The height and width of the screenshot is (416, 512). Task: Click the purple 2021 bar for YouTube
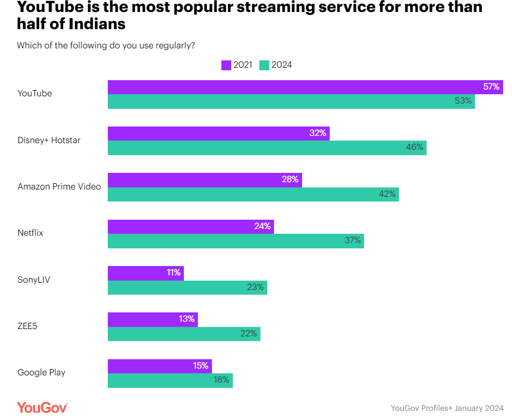click(x=305, y=87)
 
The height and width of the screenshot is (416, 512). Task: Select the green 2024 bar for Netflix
click(x=235, y=241)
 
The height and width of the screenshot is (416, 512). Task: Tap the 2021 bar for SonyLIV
click(x=145, y=273)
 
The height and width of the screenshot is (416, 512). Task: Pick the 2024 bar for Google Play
click(x=170, y=380)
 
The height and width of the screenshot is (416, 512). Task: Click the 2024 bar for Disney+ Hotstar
click(x=267, y=147)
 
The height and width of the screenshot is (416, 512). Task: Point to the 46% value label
click(x=415, y=147)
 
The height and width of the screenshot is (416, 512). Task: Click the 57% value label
click(x=492, y=87)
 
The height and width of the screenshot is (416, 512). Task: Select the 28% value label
click(x=290, y=180)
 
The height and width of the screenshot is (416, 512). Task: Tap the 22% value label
click(x=248, y=334)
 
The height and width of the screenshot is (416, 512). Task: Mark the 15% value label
click(x=201, y=365)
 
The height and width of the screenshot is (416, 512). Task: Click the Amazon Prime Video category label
click(x=59, y=186)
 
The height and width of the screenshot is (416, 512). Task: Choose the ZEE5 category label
click(x=28, y=326)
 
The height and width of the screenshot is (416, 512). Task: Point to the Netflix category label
click(x=30, y=233)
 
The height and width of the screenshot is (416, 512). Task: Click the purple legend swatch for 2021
click(x=226, y=65)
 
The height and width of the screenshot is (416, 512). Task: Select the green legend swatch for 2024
click(x=264, y=65)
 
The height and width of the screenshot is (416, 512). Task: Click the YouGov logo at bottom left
click(x=42, y=407)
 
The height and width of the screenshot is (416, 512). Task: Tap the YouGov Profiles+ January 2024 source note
click(x=447, y=408)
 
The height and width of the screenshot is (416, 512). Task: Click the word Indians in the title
click(x=97, y=24)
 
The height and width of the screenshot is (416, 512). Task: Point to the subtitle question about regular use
click(x=106, y=45)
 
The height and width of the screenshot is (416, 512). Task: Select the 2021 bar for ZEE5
click(x=153, y=319)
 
